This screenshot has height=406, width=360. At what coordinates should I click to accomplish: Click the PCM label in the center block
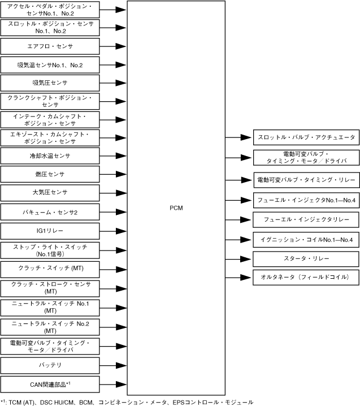coord(176,208)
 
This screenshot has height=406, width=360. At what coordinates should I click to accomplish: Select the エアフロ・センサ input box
coord(50,46)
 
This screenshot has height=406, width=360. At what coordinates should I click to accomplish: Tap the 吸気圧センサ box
coord(50,83)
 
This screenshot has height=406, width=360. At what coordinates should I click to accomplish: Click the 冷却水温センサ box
coord(50,156)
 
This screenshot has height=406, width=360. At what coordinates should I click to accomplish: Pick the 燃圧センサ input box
coord(50,174)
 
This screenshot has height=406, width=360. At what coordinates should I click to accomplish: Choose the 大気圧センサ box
coord(50,193)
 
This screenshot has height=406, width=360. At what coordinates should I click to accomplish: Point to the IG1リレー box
coord(50,230)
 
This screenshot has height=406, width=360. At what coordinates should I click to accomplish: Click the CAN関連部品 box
coord(50,383)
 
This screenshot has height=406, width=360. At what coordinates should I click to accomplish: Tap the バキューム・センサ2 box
coord(50,211)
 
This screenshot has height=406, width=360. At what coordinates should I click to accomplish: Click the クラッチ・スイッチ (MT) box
coord(50,267)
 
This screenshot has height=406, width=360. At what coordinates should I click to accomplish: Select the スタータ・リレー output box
coord(306,258)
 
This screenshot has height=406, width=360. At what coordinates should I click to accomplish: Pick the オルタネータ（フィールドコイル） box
coord(306,277)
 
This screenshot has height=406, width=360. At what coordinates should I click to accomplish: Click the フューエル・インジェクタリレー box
coord(306,219)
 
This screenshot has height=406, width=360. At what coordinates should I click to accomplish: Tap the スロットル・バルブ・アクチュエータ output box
coord(306,137)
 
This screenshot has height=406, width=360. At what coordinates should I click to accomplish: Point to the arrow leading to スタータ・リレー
coord(239,258)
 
